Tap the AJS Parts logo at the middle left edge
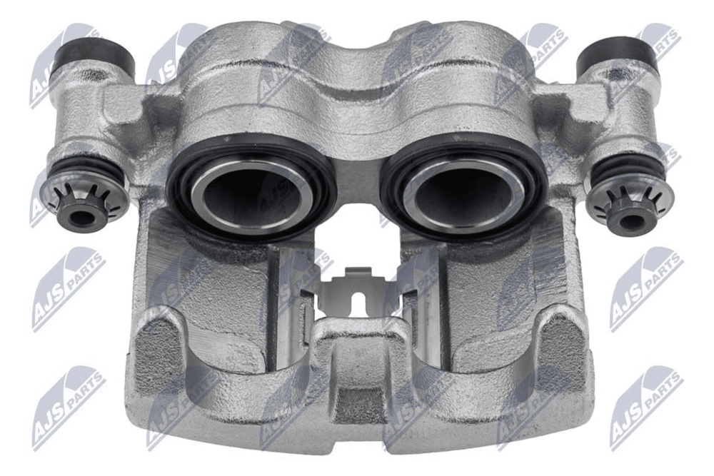pyautogui.click(x=69, y=290)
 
